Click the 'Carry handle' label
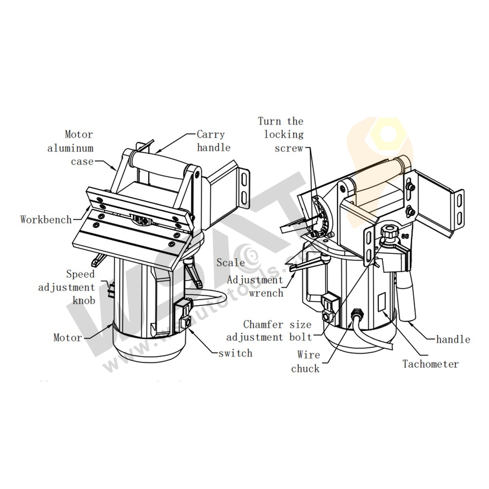[213, 140]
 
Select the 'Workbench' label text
[46, 219]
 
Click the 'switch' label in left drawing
[236, 353]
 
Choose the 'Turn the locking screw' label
[281, 134]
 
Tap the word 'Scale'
[231, 263]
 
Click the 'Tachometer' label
[430, 364]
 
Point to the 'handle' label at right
[453, 339]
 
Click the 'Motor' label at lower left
[68, 337]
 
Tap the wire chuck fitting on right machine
[356, 313]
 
